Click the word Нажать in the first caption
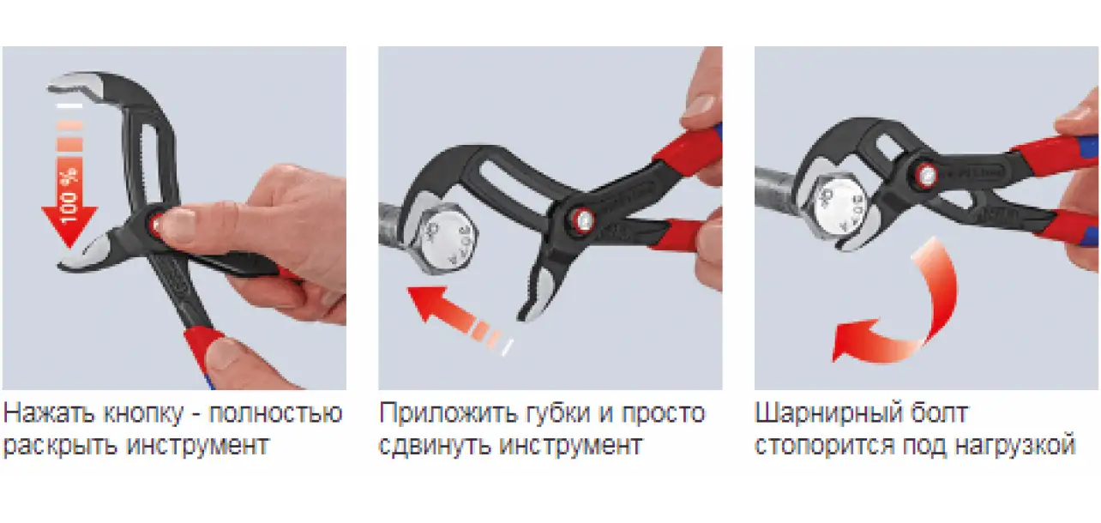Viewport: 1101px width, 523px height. click(50, 413)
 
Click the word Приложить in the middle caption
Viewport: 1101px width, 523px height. click(448, 414)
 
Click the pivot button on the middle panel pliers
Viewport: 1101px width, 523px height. click(582, 219)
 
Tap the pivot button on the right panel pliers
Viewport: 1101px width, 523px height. click(926, 175)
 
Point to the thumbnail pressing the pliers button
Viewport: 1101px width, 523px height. click(177, 224)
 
